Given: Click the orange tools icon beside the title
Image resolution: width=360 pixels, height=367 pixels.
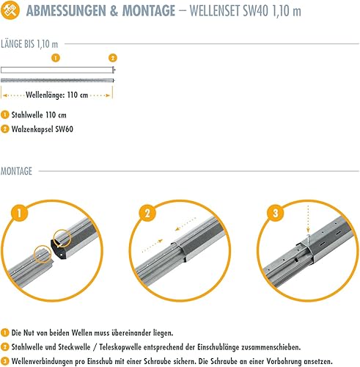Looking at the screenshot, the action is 10,10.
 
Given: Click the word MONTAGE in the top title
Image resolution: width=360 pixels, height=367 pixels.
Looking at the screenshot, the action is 149,11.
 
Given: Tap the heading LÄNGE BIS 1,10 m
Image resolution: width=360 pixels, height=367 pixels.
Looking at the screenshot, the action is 29,44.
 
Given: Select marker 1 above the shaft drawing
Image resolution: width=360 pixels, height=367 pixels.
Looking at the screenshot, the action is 56,58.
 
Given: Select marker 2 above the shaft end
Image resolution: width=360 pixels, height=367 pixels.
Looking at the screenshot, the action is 113,58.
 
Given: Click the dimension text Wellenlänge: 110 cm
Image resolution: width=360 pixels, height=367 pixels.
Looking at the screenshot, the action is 56,95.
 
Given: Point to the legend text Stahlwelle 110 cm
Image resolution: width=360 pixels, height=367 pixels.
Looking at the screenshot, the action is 39,115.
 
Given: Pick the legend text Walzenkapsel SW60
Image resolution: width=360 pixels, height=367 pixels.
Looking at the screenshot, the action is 43,129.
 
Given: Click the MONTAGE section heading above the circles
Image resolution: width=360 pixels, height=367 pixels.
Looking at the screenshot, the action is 16,171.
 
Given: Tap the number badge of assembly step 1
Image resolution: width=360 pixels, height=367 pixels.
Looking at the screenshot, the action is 19,213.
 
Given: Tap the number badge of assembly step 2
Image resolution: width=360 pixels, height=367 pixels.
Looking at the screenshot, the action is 147,213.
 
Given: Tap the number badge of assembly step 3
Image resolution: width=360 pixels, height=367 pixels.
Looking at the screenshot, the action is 276,213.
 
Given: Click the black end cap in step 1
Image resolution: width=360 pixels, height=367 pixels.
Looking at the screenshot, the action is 59,248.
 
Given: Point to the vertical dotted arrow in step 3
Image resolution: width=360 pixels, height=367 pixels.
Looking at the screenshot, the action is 308,219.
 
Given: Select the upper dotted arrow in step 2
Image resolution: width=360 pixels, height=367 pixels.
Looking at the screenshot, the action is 186,224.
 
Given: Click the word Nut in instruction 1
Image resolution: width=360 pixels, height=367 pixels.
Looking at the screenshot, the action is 29,333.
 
